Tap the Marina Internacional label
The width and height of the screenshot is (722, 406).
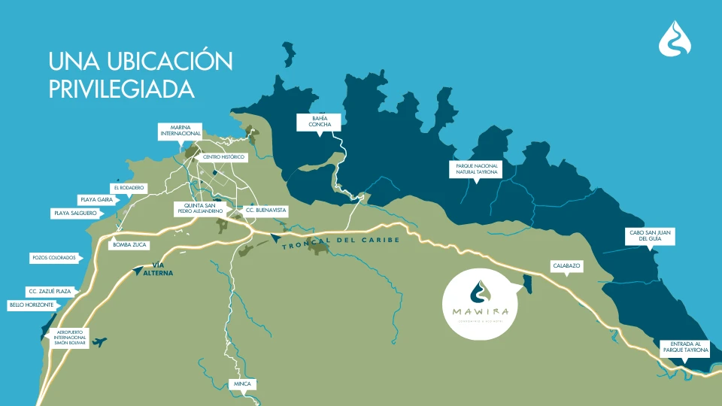(x=180, y=132)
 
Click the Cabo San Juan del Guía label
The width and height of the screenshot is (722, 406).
(x=651, y=236)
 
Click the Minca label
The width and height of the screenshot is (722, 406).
(x=242, y=384)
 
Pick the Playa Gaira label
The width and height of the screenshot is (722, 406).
(x=96, y=200)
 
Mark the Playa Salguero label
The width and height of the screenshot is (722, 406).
(x=74, y=214)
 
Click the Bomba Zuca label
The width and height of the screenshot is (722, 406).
(x=129, y=245)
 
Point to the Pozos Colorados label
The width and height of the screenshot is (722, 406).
(x=53, y=258)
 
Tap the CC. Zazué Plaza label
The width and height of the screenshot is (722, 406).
(x=50, y=291)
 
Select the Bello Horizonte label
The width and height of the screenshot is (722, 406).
(x=31, y=304)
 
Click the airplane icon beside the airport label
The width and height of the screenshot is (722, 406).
(x=99, y=342)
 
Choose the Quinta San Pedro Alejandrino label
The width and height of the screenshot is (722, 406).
(x=199, y=208)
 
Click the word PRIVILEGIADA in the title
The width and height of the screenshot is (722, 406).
(x=121, y=89)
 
